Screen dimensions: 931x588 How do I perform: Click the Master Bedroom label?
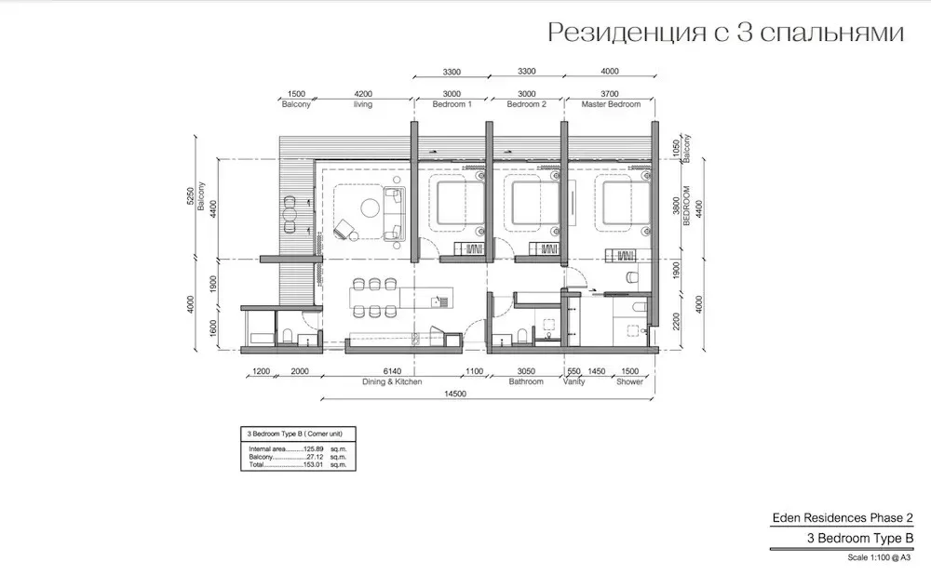click(611, 104)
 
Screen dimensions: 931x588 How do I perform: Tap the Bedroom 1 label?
click(452, 104)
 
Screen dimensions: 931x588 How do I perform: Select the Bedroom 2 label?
click(526, 104)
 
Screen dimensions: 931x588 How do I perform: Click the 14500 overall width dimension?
click(455, 394)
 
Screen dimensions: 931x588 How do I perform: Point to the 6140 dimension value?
click(392, 371)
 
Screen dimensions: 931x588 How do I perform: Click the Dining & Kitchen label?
click(392, 381)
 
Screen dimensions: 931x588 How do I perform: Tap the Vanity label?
click(573, 381)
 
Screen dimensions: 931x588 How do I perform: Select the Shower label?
click(629, 381)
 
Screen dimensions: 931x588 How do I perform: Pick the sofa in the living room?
click(394, 214)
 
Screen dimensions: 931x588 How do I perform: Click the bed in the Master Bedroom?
click(627, 205)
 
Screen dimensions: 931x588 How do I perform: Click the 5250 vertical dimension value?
click(190, 195)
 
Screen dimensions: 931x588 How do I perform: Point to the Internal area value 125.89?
click(314, 449)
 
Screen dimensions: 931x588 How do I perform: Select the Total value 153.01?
click(314, 464)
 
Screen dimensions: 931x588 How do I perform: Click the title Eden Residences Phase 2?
click(843, 518)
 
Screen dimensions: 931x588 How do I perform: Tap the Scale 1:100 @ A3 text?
click(879, 557)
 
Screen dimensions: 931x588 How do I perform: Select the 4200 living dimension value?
click(363, 94)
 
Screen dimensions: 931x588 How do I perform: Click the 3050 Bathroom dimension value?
click(526, 371)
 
